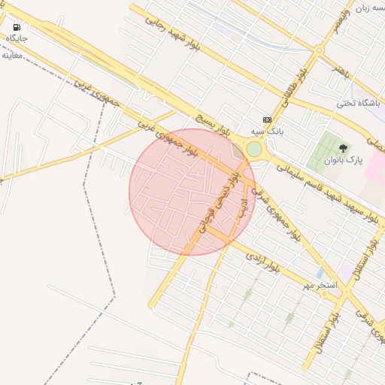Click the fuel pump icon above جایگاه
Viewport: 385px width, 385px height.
tap(17, 27)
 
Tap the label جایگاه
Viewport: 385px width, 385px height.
tap(17, 38)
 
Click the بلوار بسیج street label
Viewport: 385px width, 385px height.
tap(210, 124)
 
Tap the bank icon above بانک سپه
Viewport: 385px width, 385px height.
tap(267, 120)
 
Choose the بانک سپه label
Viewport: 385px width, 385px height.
tap(267, 131)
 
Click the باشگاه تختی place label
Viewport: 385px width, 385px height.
tap(355, 103)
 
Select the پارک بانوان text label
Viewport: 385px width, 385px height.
tap(344, 160)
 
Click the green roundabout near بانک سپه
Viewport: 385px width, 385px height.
tap(254, 150)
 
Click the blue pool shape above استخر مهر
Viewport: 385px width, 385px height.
tap(320, 272)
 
